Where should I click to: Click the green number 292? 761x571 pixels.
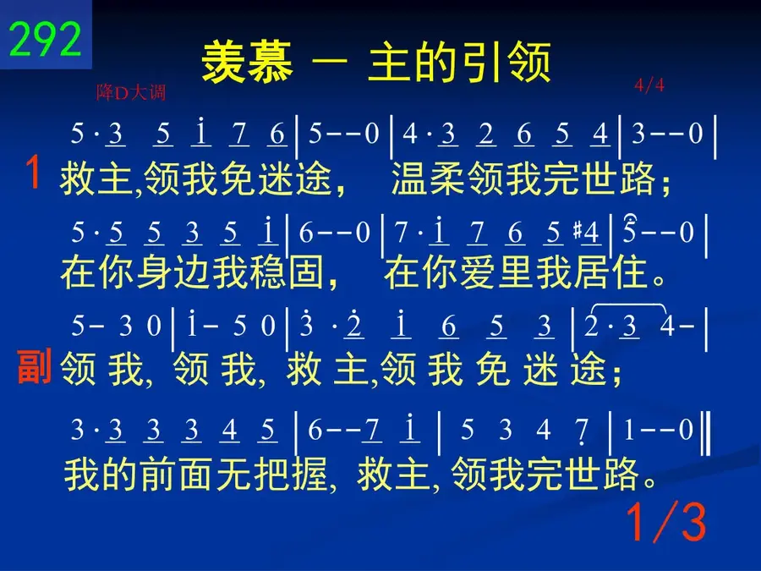tap(45, 39)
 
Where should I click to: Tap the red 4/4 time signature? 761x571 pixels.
tap(649, 85)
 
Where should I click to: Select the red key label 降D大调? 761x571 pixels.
tap(131, 91)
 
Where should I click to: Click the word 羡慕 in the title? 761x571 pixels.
tap(247, 62)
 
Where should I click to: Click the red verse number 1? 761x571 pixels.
tap(32, 172)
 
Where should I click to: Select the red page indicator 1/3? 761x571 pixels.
tap(666, 522)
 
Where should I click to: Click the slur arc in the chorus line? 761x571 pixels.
tap(629, 305)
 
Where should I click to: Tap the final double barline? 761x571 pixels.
tap(706, 432)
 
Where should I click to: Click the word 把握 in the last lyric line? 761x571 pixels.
tap(291, 474)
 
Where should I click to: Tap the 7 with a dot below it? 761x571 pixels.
tap(581, 431)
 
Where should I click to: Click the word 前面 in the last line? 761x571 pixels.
tap(178, 474)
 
